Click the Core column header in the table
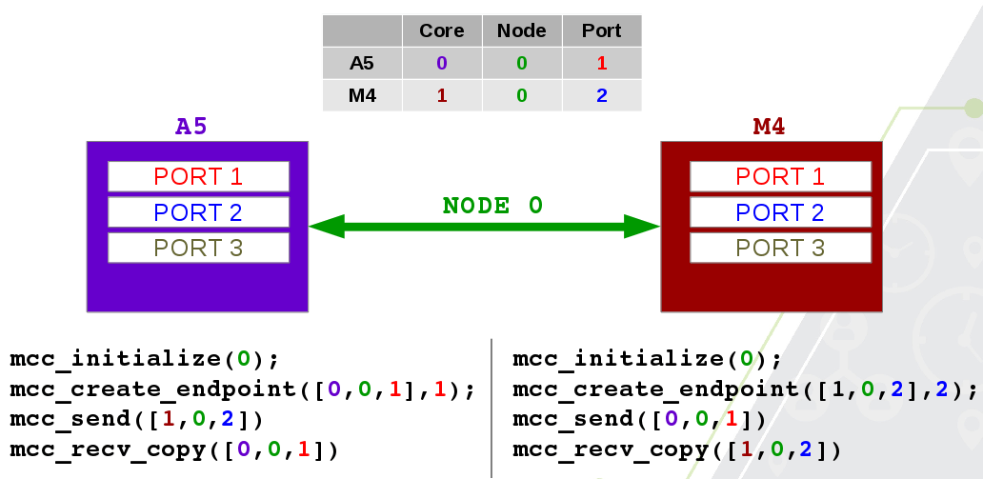click(442, 30)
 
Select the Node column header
click(521, 30)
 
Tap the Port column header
click(601, 30)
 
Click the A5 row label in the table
click(362, 63)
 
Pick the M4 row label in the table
click(362, 95)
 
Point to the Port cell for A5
click(601, 63)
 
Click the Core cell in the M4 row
click(442, 95)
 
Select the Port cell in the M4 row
click(601, 95)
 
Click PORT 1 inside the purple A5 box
click(198, 176)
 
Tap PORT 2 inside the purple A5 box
click(198, 212)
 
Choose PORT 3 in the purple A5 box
click(198, 248)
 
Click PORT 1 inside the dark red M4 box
click(780, 176)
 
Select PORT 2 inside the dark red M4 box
click(780, 212)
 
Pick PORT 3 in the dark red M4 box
click(780, 248)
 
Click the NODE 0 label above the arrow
click(492, 206)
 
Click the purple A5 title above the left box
click(191, 127)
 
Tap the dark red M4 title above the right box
click(769, 127)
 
